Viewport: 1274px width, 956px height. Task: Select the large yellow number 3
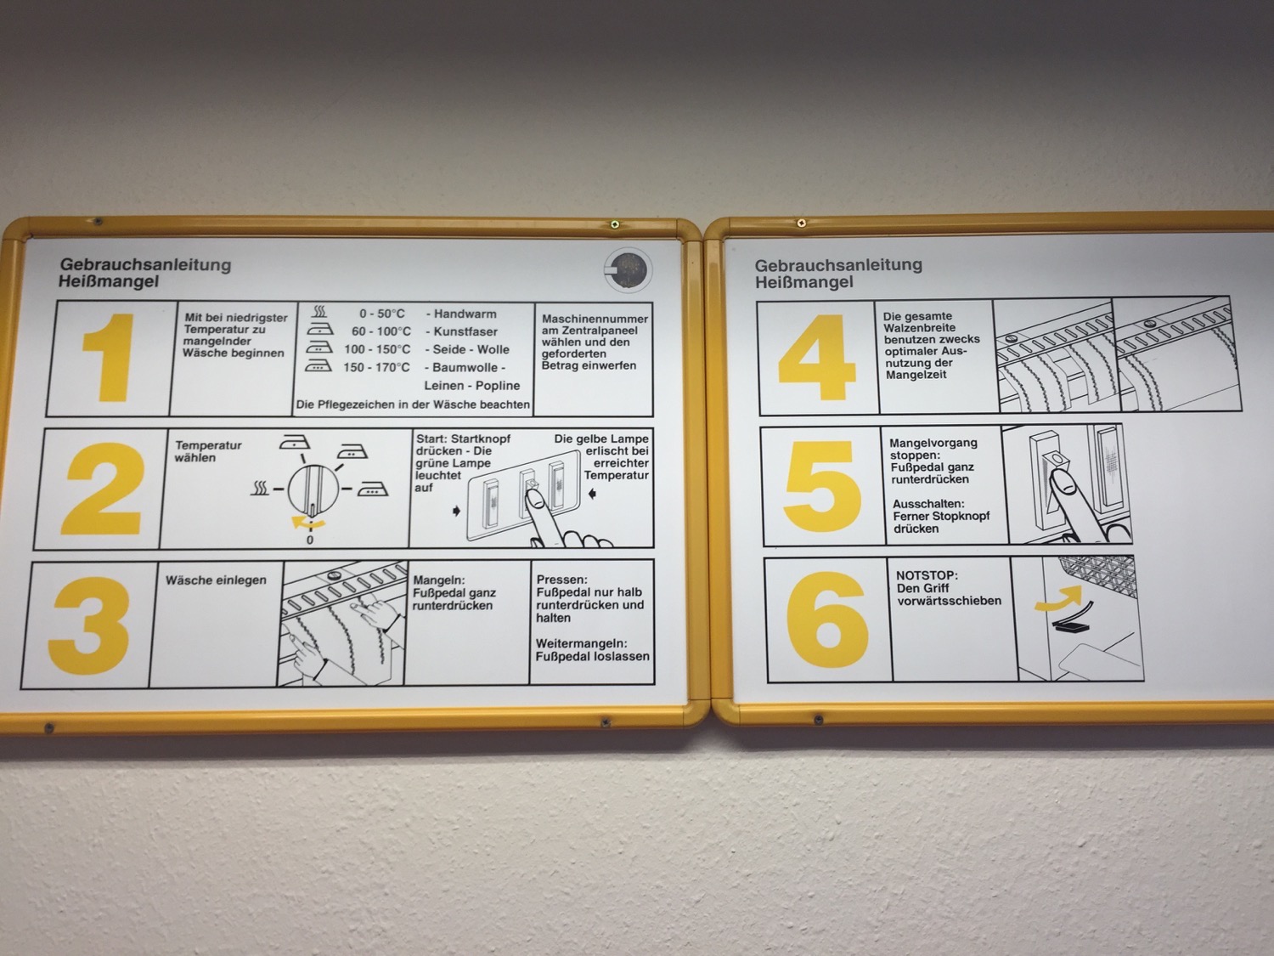(90, 625)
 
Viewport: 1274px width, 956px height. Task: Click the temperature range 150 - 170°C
(376, 367)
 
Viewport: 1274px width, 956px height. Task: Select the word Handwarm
(465, 314)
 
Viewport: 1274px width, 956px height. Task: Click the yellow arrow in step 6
(1058, 598)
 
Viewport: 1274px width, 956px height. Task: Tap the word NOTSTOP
(927, 576)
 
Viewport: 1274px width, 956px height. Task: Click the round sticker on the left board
(628, 270)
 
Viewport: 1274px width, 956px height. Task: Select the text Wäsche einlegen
(216, 580)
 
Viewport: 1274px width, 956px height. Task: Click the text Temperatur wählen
(208, 451)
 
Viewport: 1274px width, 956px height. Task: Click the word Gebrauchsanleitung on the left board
(145, 264)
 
